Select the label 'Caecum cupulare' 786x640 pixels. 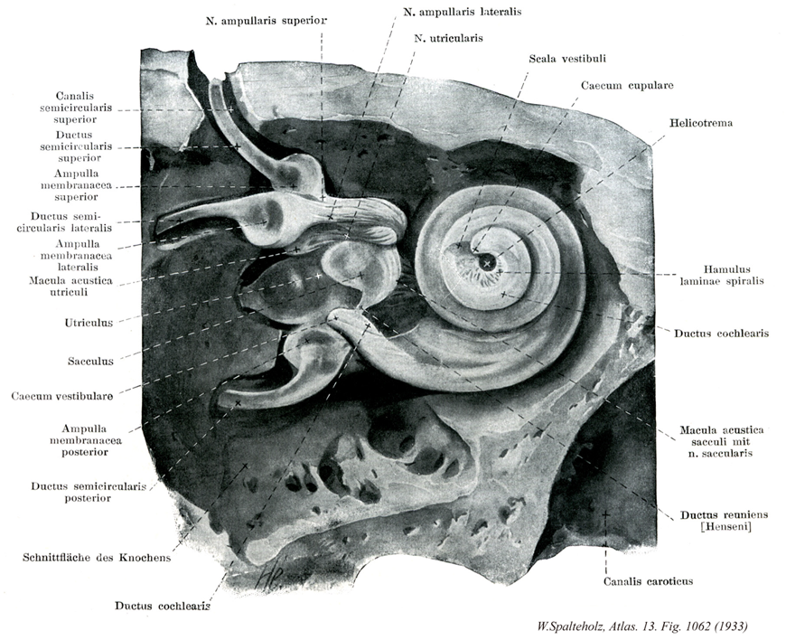627,86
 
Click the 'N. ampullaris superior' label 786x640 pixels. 266,19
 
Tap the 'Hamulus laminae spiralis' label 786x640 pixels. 722,275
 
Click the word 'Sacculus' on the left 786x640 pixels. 90,362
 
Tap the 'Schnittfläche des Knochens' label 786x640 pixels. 96,558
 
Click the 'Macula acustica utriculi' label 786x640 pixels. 70,287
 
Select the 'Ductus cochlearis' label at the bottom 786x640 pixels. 163,606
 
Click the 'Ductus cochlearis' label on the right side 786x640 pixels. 722,333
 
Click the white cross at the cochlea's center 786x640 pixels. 488,263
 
